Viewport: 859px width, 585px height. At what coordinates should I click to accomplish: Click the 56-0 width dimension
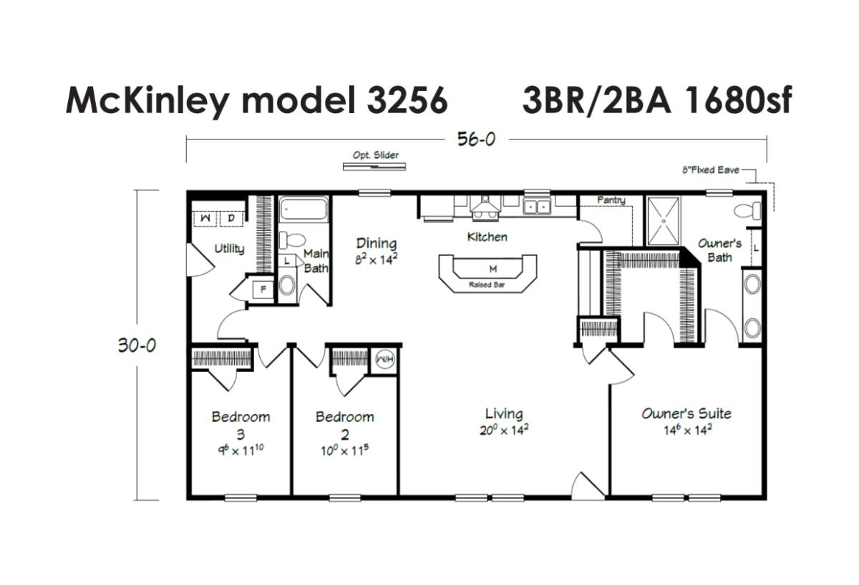(476, 139)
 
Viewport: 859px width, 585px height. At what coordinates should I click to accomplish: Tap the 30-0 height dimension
(137, 345)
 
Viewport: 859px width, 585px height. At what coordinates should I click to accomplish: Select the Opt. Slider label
(375, 155)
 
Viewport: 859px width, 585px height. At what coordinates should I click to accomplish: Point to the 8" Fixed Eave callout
(711, 169)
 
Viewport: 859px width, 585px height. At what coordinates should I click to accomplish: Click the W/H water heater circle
(384, 360)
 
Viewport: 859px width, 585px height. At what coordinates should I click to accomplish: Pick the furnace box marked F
(263, 289)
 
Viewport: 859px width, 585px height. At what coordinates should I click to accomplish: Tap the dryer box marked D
(231, 218)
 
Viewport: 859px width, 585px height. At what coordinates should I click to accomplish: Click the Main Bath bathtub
(304, 209)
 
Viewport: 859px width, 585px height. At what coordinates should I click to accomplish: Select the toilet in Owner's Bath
(747, 211)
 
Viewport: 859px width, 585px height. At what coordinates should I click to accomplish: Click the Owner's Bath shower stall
(664, 221)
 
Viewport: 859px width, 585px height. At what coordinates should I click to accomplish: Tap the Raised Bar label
(487, 285)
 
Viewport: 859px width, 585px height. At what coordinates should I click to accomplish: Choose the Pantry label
(611, 200)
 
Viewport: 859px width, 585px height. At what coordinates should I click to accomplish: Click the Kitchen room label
(487, 237)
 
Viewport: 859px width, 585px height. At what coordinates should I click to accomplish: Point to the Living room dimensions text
(504, 431)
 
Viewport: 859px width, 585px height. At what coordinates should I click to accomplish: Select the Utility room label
(229, 249)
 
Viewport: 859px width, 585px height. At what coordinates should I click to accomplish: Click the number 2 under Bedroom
(345, 434)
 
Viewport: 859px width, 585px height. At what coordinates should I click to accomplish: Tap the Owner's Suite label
(686, 413)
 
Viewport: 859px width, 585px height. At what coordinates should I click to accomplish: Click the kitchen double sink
(538, 207)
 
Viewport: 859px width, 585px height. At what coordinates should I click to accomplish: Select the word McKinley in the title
(147, 101)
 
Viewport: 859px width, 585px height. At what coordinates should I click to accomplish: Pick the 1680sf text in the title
(738, 99)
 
